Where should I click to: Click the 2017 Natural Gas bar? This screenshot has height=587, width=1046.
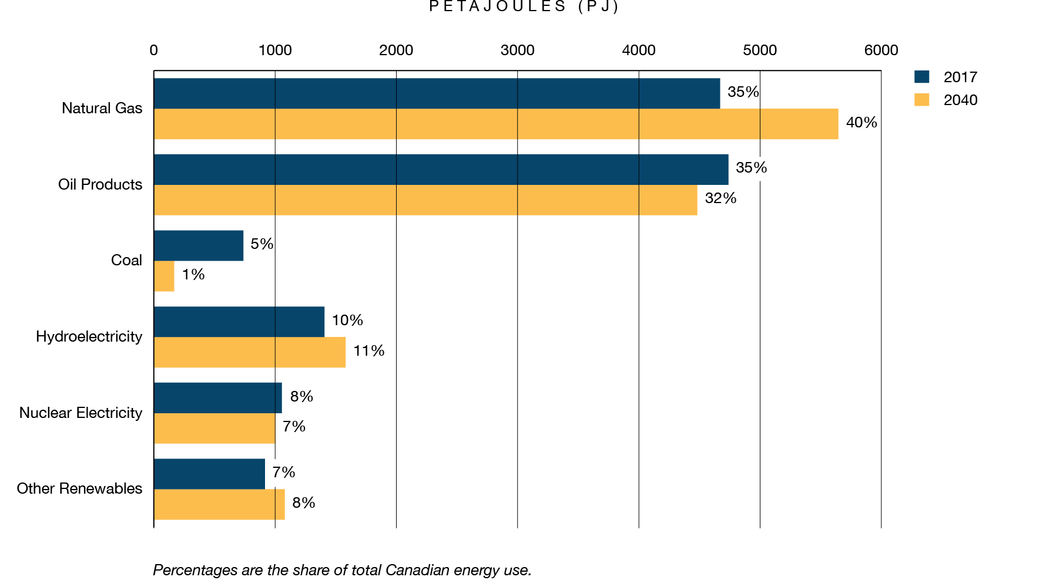click(x=437, y=93)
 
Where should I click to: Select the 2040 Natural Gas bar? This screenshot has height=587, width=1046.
click(x=495, y=124)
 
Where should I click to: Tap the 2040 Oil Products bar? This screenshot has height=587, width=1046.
click(x=425, y=200)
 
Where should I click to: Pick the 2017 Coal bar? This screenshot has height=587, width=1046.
click(x=199, y=245)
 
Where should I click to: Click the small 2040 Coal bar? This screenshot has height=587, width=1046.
click(x=164, y=276)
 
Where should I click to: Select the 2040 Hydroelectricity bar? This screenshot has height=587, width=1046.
click(x=250, y=352)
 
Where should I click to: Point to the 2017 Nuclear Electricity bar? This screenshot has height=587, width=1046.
click(x=218, y=398)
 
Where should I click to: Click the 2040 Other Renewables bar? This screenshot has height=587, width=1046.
click(x=219, y=504)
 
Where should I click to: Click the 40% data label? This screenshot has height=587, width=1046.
click(x=861, y=123)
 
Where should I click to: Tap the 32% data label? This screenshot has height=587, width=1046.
click(x=720, y=198)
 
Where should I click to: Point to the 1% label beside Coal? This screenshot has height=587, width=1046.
click(x=193, y=275)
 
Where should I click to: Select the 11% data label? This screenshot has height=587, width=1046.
click(x=368, y=351)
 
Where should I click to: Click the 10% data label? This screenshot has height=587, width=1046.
click(x=347, y=321)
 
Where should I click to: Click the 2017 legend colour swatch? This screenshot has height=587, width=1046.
click(x=921, y=77)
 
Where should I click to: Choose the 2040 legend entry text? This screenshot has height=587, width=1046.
click(x=960, y=100)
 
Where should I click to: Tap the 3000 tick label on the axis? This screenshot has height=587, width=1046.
click(x=517, y=50)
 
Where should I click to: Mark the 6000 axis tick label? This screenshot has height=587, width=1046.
click(x=880, y=50)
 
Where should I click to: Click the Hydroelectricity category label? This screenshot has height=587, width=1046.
click(x=89, y=337)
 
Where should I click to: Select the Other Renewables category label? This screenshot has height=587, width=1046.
click(x=79, y=489)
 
